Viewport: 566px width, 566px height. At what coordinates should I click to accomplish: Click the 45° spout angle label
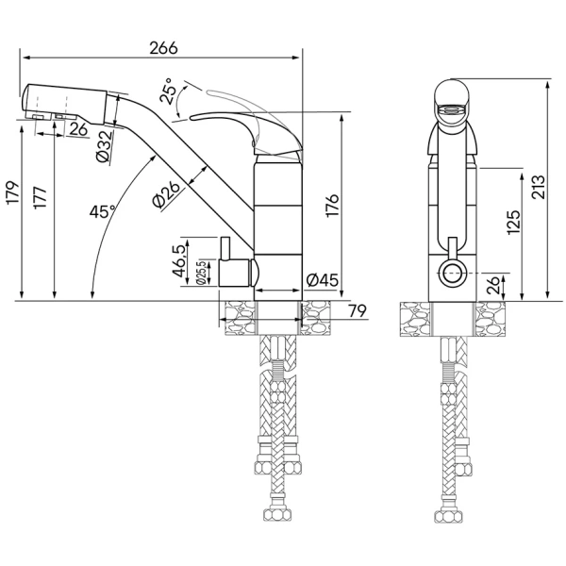point(102,212)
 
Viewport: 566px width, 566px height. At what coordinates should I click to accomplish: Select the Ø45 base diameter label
point(323,279)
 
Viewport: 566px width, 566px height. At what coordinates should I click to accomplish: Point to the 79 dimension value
point(357,311)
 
